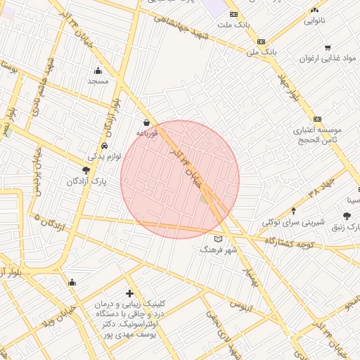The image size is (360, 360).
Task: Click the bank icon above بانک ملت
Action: (x=233, y=14)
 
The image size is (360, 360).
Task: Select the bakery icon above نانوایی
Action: (x=314, y=10)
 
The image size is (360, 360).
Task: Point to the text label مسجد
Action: (x=97, y=82)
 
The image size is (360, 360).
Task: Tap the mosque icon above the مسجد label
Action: (x=97, y=70)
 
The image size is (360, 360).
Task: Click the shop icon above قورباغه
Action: (x=146, y=122)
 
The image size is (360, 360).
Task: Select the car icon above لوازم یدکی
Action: (x=104, y=146)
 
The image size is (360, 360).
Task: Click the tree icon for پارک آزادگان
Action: (x=86, y=170)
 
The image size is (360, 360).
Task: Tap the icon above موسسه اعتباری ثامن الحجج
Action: (x=318, y=119)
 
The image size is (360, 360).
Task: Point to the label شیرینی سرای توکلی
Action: (x=293, y=222)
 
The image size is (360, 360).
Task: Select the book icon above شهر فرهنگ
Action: (x=217, y=239)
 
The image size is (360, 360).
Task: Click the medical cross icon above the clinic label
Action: (x=129, y=292)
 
